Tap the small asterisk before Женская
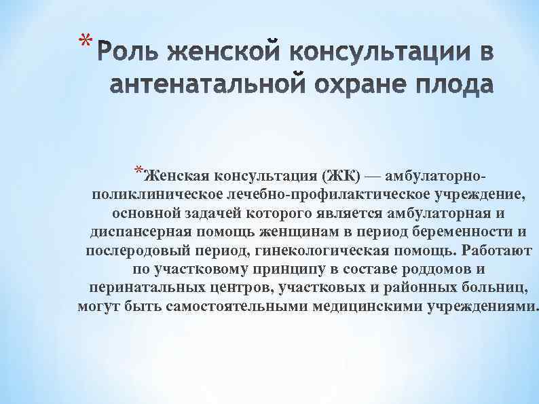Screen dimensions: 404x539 coord(138,169)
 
